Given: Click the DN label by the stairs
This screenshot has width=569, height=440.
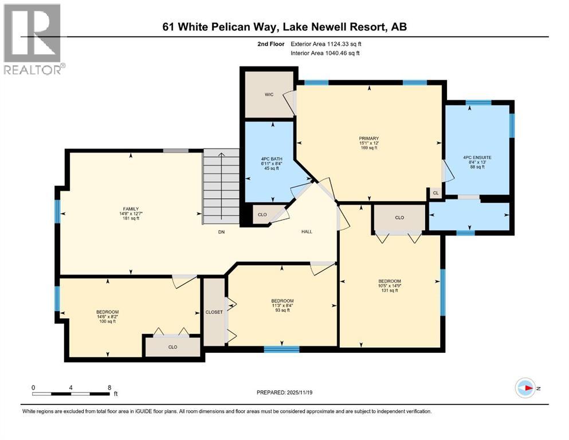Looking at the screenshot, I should [x=221, y=232].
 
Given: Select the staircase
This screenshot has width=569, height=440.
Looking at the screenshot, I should [x=221, y=187].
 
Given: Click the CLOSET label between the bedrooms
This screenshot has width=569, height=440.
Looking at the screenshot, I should [x=214, y=312].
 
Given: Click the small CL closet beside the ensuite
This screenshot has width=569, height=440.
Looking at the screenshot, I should [x=435, y=194].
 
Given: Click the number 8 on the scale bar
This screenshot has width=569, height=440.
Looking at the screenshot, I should [x=109, y=387].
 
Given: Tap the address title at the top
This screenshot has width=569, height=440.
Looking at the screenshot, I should [x=284, y=27].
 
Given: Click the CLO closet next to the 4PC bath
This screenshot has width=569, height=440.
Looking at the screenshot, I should [x=262, y=215].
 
